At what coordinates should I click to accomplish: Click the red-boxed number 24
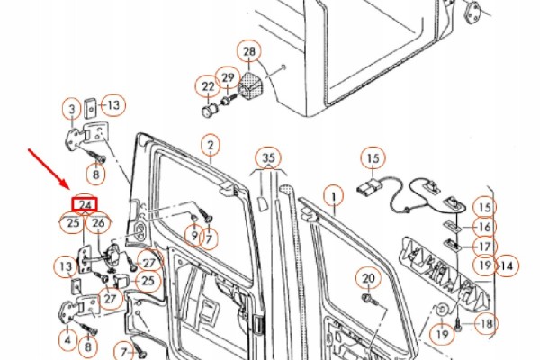(x=85, y=204)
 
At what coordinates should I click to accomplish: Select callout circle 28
(x=249, y=51)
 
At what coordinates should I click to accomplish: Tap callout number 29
(x=228, y=78)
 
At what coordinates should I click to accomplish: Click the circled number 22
(x=208, y=86)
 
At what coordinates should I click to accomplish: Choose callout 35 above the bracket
(x=269, y=158)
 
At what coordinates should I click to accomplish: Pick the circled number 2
(x=211, y=146)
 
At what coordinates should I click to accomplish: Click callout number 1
(x=333, y=197)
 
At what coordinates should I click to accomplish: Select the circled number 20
(x=368, y=278)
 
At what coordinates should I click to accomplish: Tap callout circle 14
(x=507, y=266)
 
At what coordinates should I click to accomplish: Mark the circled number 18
(x=486, y=324)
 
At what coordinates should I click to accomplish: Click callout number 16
(x=484, y=228)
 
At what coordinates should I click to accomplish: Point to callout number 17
(x=484, y=247)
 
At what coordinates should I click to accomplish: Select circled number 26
(x=98, y=223)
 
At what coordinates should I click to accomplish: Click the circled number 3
(x=72, y=110)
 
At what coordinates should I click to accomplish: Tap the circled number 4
(x=67, y=340)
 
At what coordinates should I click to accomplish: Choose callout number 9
(x=194, y=236)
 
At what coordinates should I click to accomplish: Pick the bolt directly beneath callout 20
(x=370, y=300)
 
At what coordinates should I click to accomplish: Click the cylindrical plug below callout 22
(x=210, y=110)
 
